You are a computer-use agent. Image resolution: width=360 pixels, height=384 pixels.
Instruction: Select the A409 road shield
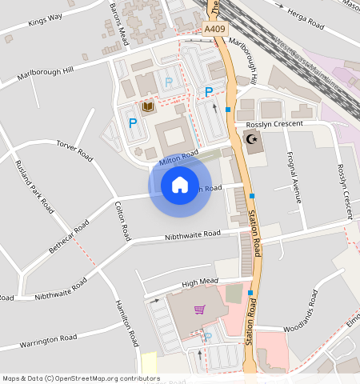214,29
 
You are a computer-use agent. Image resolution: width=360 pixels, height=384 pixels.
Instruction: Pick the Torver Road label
76,149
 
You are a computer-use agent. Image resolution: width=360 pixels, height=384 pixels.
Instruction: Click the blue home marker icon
180,186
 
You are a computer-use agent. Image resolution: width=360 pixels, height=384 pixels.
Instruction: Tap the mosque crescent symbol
252,140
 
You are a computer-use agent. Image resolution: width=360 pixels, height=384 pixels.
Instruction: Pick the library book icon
148,106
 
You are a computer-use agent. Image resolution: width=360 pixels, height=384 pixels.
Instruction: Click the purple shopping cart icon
199,310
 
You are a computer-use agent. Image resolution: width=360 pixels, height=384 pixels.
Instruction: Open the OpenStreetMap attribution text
81,378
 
